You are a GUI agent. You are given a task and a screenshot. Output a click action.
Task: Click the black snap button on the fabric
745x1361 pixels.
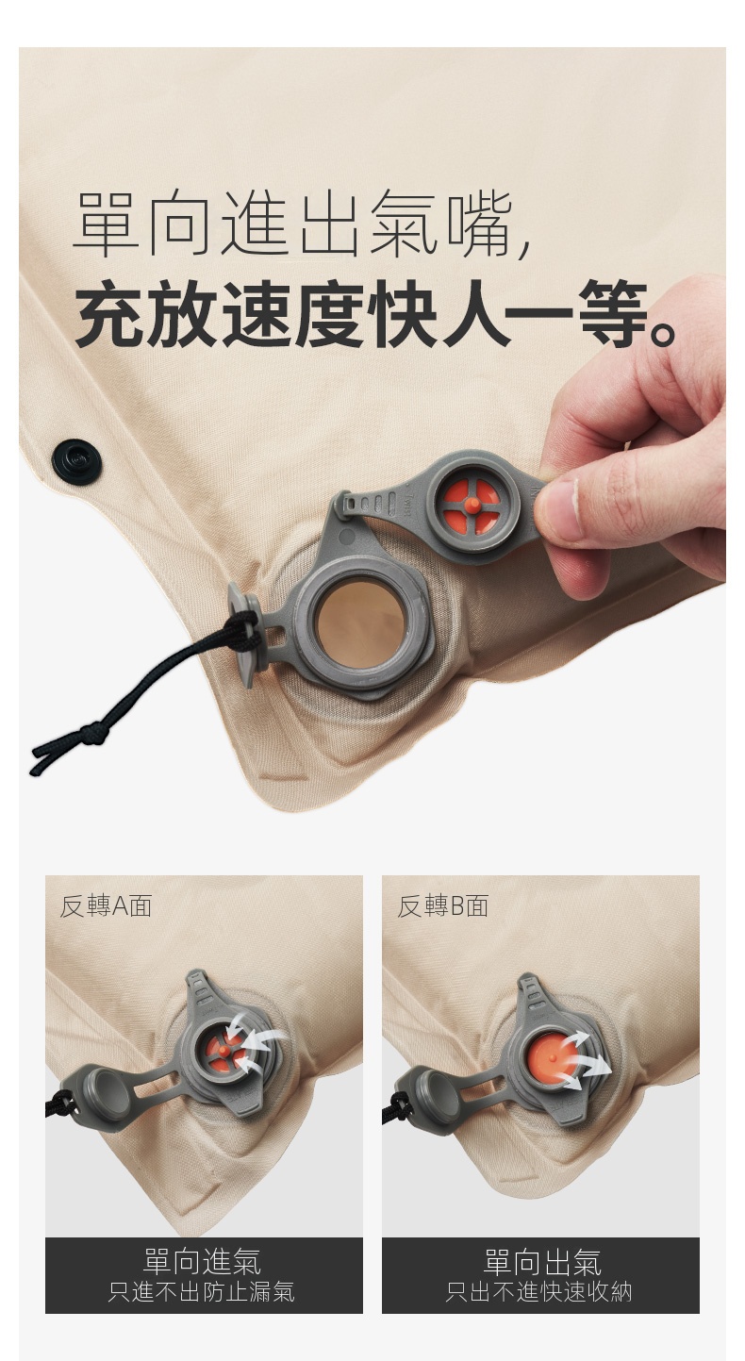coord(76,461)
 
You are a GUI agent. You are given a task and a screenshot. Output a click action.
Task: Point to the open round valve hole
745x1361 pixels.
coord(359,627)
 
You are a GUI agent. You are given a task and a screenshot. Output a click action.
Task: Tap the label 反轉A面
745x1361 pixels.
coord(105,905)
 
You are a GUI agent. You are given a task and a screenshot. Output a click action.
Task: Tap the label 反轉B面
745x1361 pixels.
coord(442,905)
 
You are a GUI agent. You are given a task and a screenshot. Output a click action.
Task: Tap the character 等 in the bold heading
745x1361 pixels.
coord(614,314)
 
